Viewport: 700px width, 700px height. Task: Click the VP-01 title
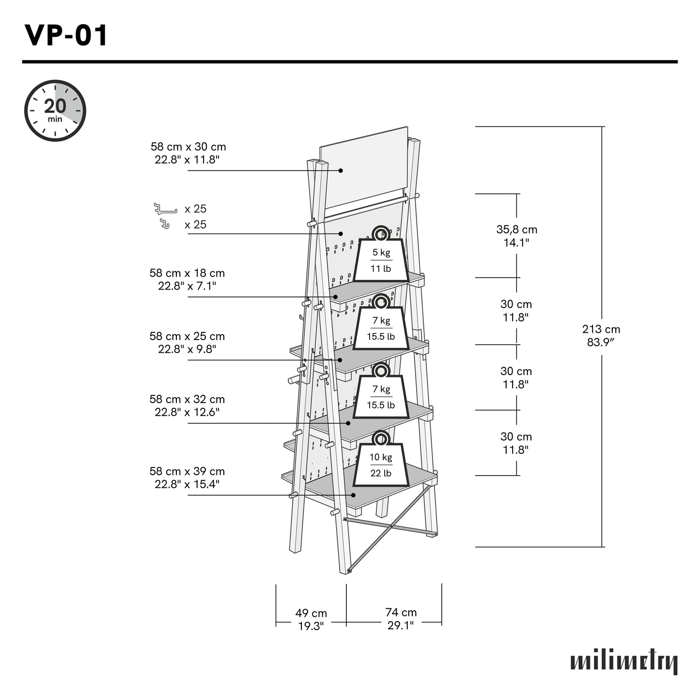click(x=66, y=35)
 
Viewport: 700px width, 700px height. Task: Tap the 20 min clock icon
click(x=55, y=110)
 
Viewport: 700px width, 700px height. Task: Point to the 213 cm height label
click(x=601, y=335)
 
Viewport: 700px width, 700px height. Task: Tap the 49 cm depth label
click(x=311, y=620)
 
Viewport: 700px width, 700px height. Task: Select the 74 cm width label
click(x=401, y=619)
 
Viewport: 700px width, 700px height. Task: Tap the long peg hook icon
click(x=165, y=209)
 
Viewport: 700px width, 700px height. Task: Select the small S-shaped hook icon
click(x=165, y=224)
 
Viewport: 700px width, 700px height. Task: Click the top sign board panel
click(x=363, y=170)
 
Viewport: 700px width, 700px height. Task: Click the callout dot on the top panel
click(x=341, y=171)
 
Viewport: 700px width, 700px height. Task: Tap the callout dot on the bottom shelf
click(x=354, y=495)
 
